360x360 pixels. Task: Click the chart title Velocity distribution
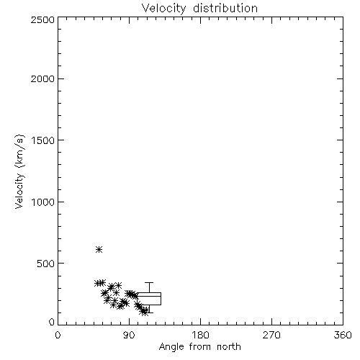point(199,8)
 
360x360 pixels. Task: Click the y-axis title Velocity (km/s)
point(19,171)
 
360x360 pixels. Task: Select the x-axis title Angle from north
point(199,347)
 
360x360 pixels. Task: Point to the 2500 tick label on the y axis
point(42,19)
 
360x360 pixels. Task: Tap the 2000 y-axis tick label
point(42,78)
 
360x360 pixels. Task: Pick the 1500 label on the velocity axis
point(43,140)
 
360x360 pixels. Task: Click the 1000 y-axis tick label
point(43,202)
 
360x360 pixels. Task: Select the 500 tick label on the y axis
point(46,264)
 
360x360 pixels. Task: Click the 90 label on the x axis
point(129,335)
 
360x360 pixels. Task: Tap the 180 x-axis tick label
point(200,335)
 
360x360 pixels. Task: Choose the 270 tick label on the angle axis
point(271,335)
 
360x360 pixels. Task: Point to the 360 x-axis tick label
point(343,335)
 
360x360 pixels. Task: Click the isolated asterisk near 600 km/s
point(99,250)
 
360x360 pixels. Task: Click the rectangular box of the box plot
point(149,293)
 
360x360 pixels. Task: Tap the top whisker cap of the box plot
point(149,283)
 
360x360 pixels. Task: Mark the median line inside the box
point(149,296)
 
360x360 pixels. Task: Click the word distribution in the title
point(225,8)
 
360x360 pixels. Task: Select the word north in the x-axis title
point(229,347)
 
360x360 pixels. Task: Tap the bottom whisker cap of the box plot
point(149,312)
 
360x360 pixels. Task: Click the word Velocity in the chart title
point(163,9)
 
